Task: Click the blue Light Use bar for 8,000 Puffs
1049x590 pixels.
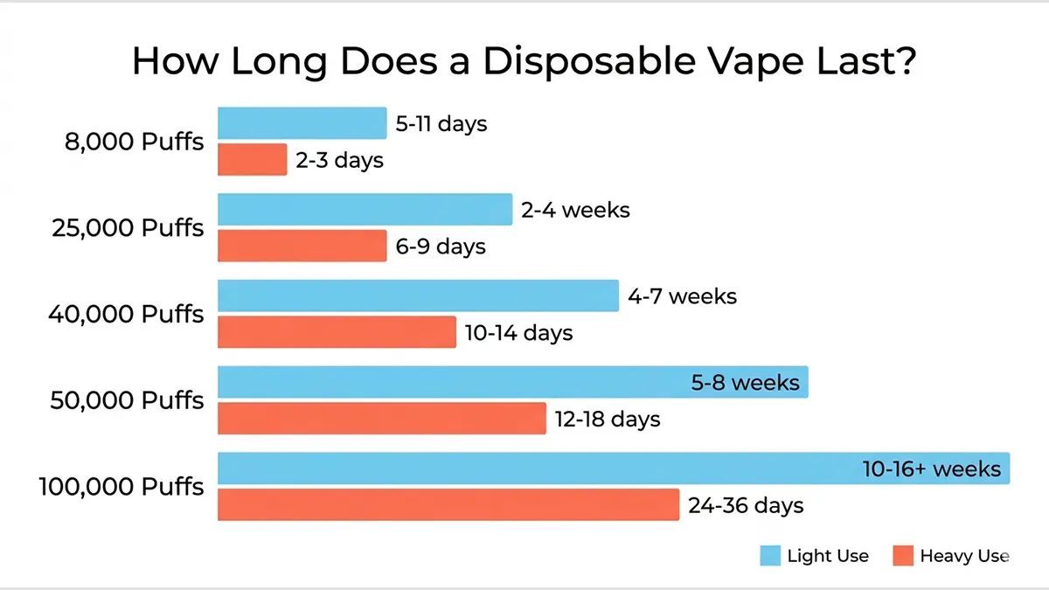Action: [x=302, y=123]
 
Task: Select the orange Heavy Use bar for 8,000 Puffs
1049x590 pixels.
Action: [x=252, y=160]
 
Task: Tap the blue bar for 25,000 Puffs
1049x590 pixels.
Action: [x=365, y=210]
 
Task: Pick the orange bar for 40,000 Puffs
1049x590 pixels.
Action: [x=337, y=332]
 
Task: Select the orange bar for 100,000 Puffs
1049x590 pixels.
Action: [x=448, y=505]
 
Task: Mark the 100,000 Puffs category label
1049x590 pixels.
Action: [x=122, y=487]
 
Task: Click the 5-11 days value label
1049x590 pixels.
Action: [x=441, y=124]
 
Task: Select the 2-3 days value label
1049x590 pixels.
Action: [x=339, y=161]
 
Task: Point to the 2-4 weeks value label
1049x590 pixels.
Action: [x=575, y=210]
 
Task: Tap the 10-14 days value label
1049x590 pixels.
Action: [x=518, y=333]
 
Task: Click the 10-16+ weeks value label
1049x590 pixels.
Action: [x=931, y=469]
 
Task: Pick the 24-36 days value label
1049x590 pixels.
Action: [x=746, y=506]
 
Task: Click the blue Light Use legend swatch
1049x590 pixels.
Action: [x=770, y=556]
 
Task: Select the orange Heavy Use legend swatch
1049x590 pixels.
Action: [x=903, y=556]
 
